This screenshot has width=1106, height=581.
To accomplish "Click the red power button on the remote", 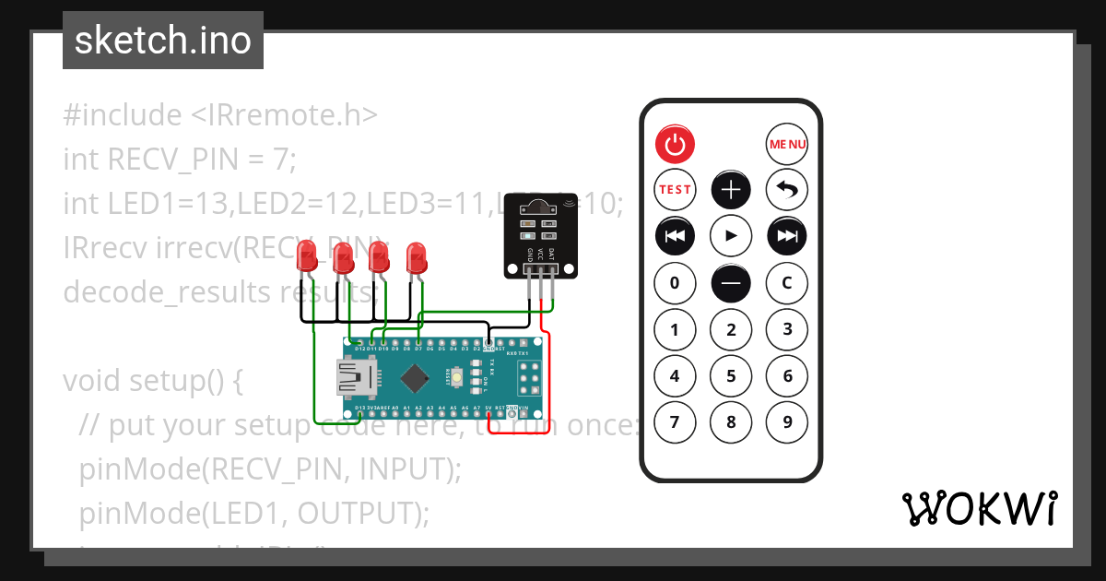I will click(x=675, y=144).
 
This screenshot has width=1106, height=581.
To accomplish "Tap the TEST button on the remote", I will click(x=675, y=190).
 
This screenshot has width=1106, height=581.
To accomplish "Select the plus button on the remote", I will click(x=731, y=190).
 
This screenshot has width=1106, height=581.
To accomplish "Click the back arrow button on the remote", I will click(x=787, y=190).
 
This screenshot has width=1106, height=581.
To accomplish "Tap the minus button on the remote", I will click(x=731, y=283).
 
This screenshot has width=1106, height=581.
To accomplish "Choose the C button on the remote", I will click(x=787, y=283).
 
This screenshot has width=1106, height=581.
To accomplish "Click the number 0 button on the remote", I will click(x=675, y=283).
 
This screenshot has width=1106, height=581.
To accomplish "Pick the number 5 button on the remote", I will click(x=731, y=376).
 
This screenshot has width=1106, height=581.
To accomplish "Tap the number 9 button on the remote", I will click(x=787, y=423).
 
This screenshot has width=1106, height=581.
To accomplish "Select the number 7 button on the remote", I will click(x=675, y=423).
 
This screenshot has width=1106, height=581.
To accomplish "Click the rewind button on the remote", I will click(x=675, y=236).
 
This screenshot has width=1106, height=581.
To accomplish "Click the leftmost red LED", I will click(x=306, y=257).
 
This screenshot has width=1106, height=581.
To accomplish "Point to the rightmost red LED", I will click(x=417, y=255).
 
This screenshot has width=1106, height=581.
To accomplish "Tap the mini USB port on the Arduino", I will click(x=356, y=377).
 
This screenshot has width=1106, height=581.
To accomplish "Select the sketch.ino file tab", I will click(x=163, y=41).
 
